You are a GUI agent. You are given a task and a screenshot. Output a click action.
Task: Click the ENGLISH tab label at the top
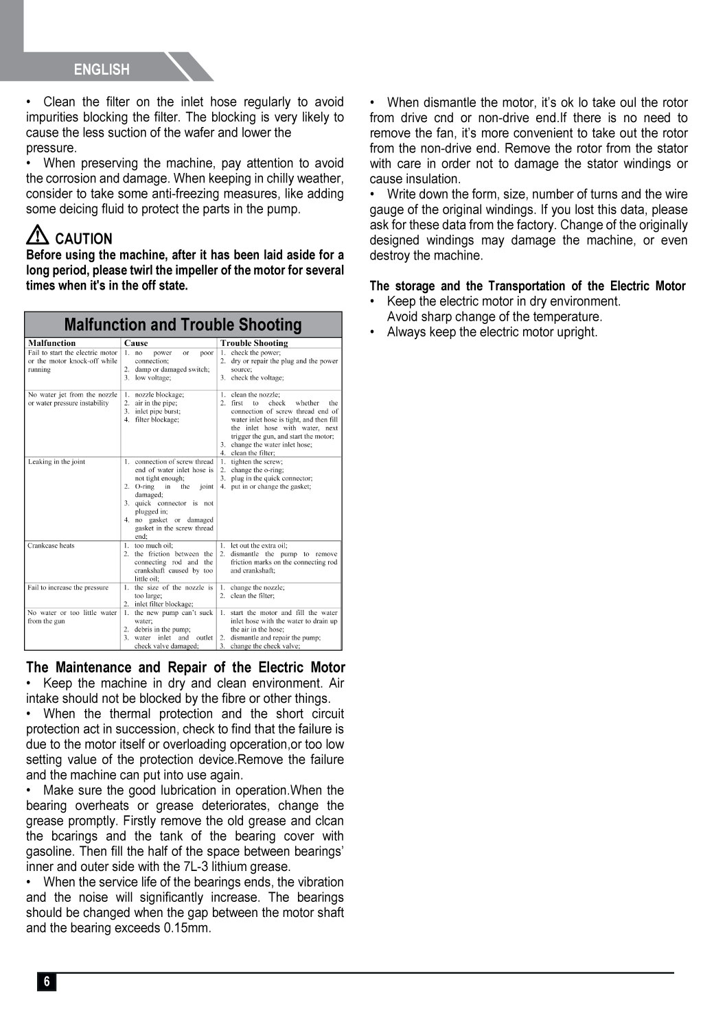point(102,69)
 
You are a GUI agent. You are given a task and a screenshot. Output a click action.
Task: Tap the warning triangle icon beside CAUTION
point(37,237)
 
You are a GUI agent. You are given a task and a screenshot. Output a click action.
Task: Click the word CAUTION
point(83,239)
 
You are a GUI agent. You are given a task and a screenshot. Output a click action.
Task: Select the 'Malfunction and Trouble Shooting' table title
point(183,325)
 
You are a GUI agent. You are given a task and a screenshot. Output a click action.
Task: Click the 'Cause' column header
point(136,343)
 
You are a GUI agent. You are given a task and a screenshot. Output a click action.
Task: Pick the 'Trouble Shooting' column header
point(254,343)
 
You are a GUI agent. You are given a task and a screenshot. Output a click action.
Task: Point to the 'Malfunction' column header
point(52,343)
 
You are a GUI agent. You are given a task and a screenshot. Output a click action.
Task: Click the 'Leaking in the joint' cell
point(57,462)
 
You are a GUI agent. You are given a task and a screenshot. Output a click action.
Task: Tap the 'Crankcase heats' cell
point(51,546)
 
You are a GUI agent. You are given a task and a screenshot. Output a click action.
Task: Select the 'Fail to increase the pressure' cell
point(68,588)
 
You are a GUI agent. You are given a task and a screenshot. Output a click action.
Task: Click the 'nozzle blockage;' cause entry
point(159,395)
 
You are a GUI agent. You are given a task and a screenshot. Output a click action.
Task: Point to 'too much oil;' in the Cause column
point(154,546)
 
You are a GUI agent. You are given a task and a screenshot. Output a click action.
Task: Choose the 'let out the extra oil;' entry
point(259,546)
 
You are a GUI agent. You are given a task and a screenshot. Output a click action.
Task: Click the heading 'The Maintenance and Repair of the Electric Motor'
point(185,667)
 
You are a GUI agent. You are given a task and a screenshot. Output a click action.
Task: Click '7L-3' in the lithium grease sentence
point(200,867)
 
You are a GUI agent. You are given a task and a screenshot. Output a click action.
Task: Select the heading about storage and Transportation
point(527,286)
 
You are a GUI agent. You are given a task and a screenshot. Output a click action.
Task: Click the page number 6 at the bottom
point(47,981)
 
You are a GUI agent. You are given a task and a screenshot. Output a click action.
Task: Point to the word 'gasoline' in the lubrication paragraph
point(50,852)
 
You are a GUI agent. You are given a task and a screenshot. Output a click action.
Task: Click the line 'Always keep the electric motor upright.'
point(492,332)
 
